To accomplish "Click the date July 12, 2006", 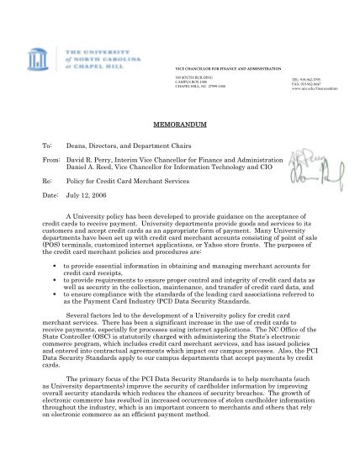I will tap(84, 194).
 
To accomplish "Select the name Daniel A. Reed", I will tap(95, 167).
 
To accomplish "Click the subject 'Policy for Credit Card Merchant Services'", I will tap(134, 180).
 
